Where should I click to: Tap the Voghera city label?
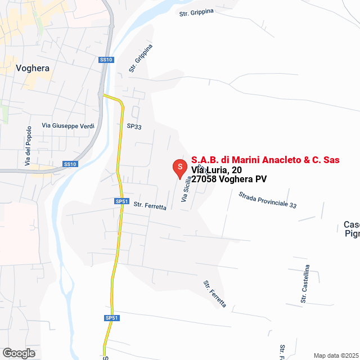coord(33,68)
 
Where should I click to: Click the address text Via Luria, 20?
coord(217,169)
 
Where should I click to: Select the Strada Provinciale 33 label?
coord(267,200)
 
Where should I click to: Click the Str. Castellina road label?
coord(305,284)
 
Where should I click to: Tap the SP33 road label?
coord(134,127)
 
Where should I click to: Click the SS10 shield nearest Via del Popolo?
coord(69,164)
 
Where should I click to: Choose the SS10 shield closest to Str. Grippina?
coord(106,60)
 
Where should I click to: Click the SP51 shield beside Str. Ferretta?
coord(122,201)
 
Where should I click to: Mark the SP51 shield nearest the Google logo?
coord(112,318)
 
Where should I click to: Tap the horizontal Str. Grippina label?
coord(196,12)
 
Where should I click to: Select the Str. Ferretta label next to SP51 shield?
coord(150,206)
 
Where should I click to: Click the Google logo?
coord(18,353)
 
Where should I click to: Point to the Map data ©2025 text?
coord(335,355)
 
